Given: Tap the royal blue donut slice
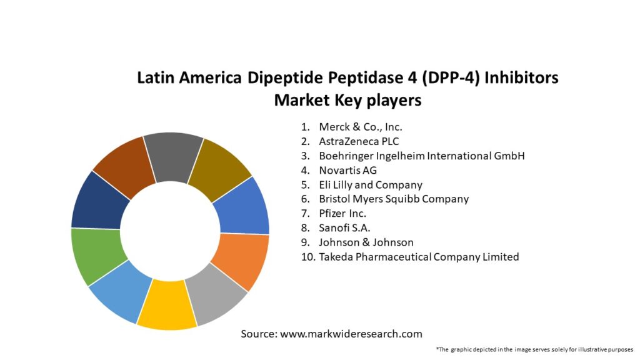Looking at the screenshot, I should click(x=244, y=207).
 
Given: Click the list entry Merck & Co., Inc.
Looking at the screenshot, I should click(x=360, y=127).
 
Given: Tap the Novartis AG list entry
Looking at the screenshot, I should click(x=347, y=170).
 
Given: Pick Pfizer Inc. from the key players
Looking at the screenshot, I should click(x=342, y=213).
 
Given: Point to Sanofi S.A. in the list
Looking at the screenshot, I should click(x=344, y=227).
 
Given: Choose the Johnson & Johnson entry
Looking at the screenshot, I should click(x=366, y=242).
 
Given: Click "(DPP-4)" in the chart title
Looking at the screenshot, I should click(x=436, y=79).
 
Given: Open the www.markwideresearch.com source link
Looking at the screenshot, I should click(x=351, y=334).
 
